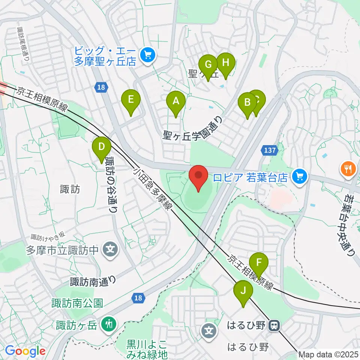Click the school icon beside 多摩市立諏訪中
[110, 249]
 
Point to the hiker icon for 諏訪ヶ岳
[109, 323]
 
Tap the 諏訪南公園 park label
[77, 303]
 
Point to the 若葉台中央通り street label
[351, 225]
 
